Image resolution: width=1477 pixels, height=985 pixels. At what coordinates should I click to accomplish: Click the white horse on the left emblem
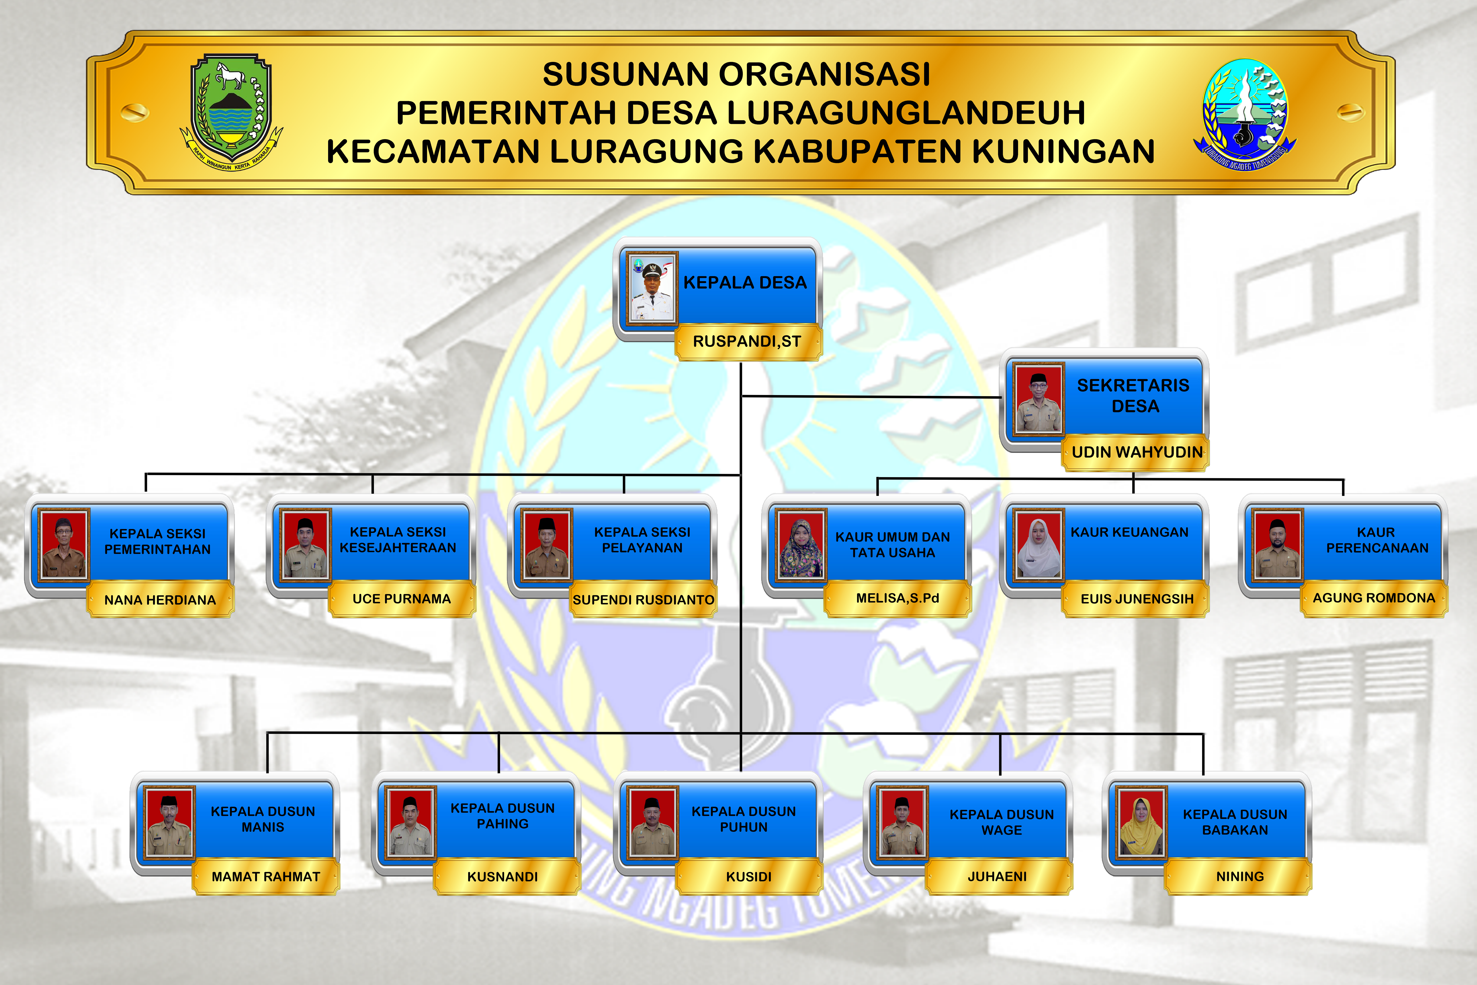pyautogui.click(x=230, y=75)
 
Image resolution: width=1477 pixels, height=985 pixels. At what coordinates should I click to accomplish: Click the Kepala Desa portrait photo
pyautogui.click(x=652, y=287)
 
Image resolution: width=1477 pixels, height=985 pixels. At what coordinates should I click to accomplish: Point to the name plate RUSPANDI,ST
pyautogui.click(x=747, y=342)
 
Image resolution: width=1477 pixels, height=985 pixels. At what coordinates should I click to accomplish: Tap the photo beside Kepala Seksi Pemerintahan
pyautogui.click(x=63, y=543)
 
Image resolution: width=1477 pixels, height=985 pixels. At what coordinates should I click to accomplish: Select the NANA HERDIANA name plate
pyautogui.click(x=160, y=600)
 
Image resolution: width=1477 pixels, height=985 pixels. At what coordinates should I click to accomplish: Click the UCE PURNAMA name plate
pyautogui.click(x=402, y=599)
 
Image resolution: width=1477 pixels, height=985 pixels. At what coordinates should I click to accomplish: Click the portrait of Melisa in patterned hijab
pyautogui.click(x=800, y=544)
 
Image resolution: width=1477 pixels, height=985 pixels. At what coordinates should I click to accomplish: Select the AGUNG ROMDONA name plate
pyautogui.click(x=1374, y=598)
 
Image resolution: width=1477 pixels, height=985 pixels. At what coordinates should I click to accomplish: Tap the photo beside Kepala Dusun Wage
pyautogui.click(x=902, y=822)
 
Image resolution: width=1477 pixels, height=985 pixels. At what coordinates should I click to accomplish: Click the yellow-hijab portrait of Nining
pyautogui.click(x=1141, y=822)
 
